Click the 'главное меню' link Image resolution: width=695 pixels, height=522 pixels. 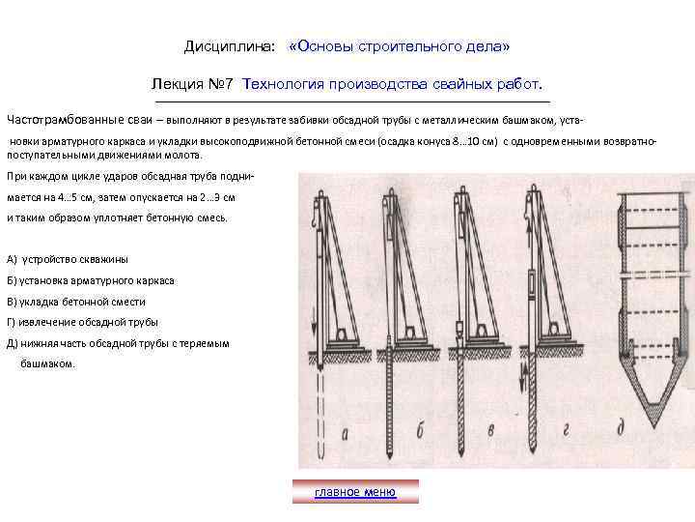(354, 492)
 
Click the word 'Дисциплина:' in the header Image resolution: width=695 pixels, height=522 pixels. (230, 46)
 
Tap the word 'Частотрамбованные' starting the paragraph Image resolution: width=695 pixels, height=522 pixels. (65, 120)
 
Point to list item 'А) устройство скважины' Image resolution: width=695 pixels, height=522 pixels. (67, 260)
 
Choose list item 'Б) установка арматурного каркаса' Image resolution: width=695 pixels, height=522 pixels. (90, 280)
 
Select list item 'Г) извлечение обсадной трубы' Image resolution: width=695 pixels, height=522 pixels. (82, 322)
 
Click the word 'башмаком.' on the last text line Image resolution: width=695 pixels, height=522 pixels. (46, 364)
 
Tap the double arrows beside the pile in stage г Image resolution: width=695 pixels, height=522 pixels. (520, 396)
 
